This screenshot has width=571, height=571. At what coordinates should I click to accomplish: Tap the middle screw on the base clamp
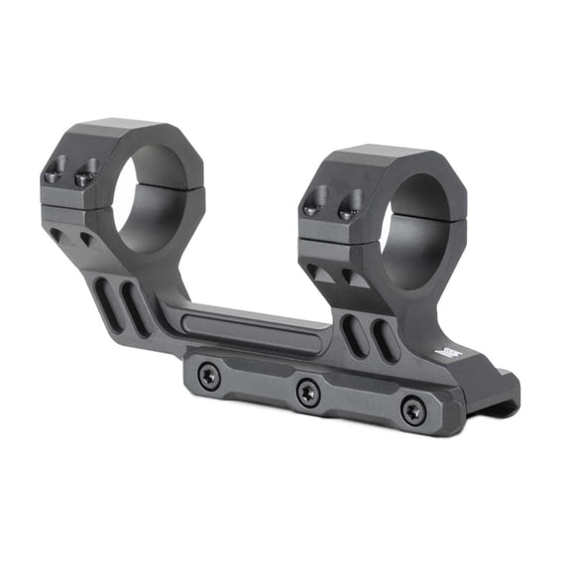coord(308,392)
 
